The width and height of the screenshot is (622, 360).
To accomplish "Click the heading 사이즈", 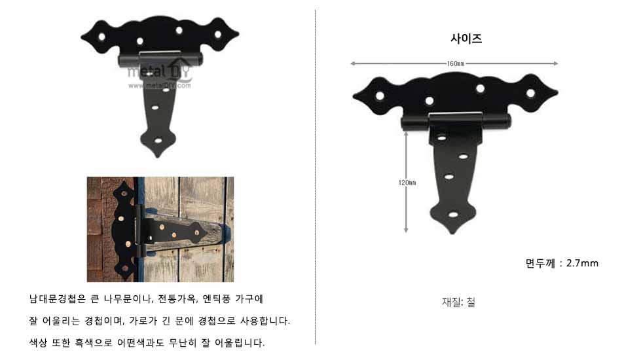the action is (466, 39).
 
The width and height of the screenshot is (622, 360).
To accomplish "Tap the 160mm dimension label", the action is (456, 63).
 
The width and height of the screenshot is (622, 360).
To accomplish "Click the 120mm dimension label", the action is (407, 183).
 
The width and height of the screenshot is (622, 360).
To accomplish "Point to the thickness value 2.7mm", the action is (582, 263).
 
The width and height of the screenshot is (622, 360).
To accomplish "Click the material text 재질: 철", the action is (458, 302).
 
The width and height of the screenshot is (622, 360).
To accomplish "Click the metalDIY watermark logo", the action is (159, 71).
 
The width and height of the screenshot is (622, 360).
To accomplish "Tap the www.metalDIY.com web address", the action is (159, 85).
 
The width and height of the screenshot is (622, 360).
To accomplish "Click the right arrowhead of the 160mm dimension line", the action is (555, 63).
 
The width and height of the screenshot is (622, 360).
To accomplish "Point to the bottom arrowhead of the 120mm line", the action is (406, 230).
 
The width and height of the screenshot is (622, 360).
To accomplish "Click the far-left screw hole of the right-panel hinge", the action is (380, 96).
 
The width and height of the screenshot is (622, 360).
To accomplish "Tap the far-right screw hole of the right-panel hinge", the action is (530, 94).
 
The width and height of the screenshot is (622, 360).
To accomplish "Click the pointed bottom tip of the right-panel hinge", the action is (452, 233).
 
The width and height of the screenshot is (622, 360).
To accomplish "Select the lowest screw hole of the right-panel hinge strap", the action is (453, 215).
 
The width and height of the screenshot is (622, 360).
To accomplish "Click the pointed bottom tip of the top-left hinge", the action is (158, 156).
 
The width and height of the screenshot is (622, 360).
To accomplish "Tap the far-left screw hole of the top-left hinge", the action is (102, 37).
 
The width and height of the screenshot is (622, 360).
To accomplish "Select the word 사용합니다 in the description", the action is (265, 320).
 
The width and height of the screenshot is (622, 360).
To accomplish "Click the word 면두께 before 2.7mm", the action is (540, 263).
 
